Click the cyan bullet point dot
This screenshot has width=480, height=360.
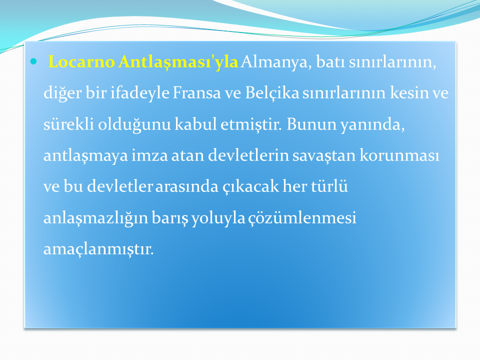33,62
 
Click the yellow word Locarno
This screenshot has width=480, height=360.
81,61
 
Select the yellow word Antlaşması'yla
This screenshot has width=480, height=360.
178,62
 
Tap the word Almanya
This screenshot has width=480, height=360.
276,62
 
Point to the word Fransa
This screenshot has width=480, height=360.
196,92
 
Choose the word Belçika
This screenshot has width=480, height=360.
272,93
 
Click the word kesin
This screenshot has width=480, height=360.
409,92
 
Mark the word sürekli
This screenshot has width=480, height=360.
68,124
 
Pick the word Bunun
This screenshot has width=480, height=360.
311,124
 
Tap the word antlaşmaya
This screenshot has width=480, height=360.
85,155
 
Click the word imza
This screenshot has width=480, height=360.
149,155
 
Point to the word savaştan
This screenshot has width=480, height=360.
324,155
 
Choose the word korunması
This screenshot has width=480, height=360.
399,155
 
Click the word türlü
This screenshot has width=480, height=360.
329,186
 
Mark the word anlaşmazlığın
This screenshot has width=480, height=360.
96,218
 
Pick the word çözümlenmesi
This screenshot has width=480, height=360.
302,218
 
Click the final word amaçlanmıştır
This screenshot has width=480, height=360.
98,249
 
